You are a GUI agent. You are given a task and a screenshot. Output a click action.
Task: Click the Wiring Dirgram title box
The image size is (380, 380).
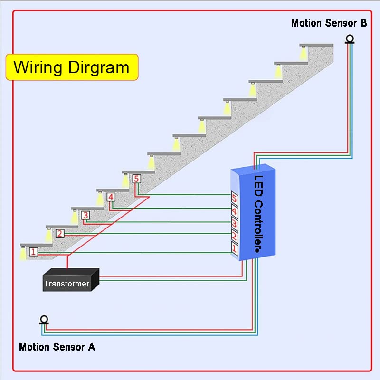pyautogui.click(x=71, y=67)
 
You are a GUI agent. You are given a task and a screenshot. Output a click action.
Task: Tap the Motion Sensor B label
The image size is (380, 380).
pyautogui.click(x=329, y=23)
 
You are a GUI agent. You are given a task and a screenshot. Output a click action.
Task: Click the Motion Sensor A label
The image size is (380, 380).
pyautogui.click(x=57, y=347)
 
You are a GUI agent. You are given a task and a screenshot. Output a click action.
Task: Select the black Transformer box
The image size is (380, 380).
pyautogui.click(x=70, y=280)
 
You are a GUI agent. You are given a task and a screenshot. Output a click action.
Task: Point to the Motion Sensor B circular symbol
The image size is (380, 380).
pyautogui.click(x=351, y=39)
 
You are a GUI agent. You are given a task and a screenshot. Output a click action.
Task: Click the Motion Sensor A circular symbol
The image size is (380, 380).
pyautogui.click(x=44, y=319)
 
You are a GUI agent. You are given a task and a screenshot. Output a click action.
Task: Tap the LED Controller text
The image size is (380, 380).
pyautogui.click(x=258, y=214)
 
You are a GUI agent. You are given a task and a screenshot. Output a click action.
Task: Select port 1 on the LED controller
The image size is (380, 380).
pyautogui.click(x=235, y=247)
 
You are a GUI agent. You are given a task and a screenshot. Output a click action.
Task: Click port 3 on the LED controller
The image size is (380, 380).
pyautogui.click(x=235, y=222)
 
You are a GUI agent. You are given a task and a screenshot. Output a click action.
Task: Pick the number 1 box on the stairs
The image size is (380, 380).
pyautogui.click(x=33, y=252)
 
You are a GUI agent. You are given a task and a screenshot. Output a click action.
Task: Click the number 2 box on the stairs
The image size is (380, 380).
pyautogui.click(x=60, y=233)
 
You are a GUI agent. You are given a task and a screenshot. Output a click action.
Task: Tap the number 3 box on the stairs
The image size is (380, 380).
pyautogui.click(x=85, y=215)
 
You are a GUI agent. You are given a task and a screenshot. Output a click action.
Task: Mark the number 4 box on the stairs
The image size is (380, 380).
pyautogui.click(x=111, y=197)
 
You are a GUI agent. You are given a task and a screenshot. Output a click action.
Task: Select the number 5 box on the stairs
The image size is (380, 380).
pyautogui.click(x=136, y=179)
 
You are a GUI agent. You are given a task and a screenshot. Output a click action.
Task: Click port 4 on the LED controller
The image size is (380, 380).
pyautogui.click(x=235, y=210)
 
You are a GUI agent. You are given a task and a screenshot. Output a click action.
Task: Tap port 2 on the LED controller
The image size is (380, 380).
pyautogui.click(x=235, y=235)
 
